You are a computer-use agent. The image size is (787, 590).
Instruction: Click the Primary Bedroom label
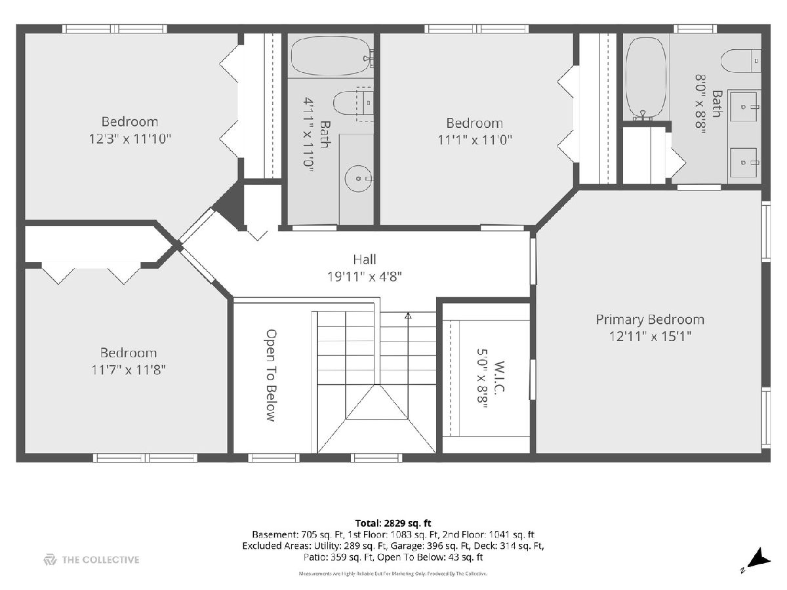(650, 319)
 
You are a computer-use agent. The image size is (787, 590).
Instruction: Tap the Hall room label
(364, 260)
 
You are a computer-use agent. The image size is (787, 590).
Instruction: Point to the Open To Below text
(271, 376)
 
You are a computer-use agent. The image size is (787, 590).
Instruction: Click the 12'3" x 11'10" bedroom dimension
(130, 138)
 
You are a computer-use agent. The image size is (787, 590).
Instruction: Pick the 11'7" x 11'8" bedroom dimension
(129, 370)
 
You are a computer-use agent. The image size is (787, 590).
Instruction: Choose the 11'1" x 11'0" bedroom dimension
(475, 140)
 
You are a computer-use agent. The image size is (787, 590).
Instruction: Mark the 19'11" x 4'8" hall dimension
(364, 277)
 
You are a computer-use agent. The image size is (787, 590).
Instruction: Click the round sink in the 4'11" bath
(358, 178)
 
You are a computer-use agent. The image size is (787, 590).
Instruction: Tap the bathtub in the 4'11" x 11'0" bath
(331, 56)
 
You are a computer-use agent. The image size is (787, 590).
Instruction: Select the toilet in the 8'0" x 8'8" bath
(740, 61)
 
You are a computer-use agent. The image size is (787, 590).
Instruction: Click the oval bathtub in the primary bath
(646, 77)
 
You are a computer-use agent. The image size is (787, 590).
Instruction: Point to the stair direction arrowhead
(408, 315)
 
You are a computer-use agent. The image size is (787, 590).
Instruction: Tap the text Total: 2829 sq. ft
(393, 523)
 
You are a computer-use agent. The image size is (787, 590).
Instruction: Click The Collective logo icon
(50, 560)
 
